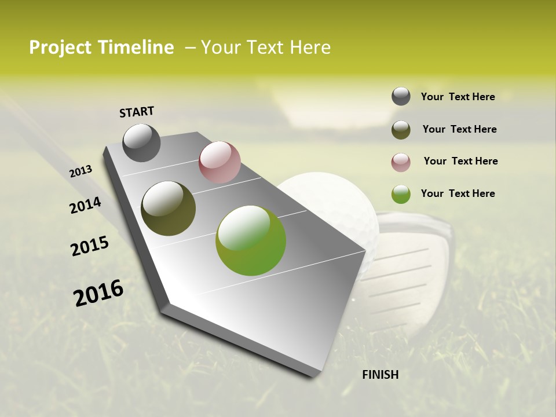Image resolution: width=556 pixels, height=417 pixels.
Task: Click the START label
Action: point(137,112)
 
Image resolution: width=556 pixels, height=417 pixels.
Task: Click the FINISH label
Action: point(380,375)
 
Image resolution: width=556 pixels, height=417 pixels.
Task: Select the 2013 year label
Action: point(81,171)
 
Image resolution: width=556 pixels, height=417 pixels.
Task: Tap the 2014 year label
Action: point(85,205)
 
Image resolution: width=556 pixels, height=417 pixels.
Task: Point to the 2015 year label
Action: point(90,246)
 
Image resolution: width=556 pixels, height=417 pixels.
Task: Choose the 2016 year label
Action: point(98,293)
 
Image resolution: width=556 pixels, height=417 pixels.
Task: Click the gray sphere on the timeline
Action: point(141,142)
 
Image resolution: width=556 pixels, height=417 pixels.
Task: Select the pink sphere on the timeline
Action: point(220,162)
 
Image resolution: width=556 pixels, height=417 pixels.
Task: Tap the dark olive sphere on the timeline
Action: point(168,209)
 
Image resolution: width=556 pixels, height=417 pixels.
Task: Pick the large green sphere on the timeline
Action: point(251,240)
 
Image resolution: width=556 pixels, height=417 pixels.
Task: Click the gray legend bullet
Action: point(401,97)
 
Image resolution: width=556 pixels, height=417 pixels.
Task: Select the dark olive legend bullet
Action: point(401,129)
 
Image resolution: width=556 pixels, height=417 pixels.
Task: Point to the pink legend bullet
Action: point(401,162)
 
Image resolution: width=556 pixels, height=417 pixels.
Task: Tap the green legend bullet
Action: point(401,194)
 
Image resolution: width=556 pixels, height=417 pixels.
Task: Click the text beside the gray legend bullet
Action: point(458,97)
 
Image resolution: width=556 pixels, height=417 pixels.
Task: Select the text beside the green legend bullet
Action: point(458,193)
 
